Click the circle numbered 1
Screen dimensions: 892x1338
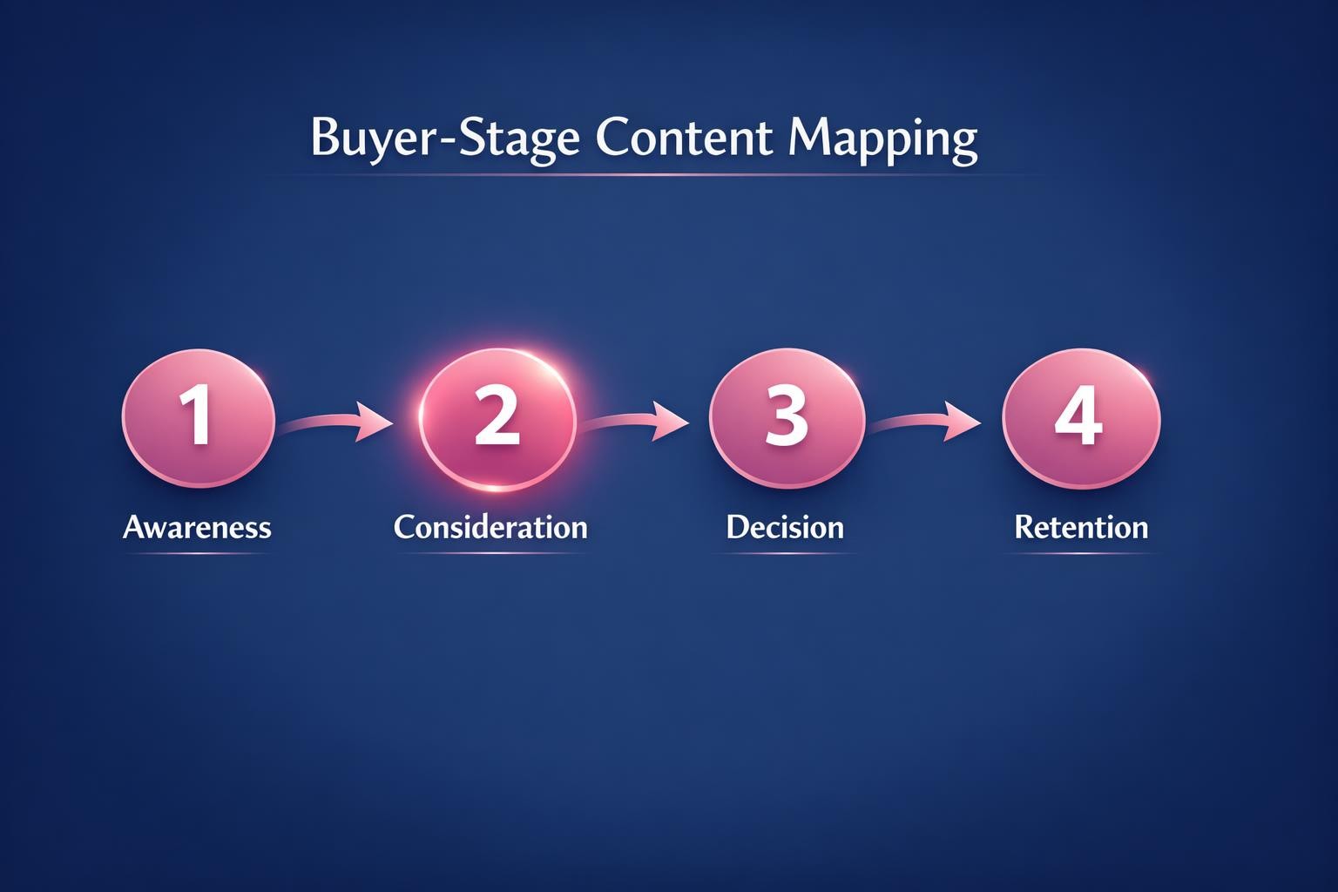[x=199, y=418]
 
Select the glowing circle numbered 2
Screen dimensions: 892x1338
[x=497, y=418]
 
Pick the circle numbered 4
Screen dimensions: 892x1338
[x=1081, y=418]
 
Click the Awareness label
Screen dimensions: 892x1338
[x=197, y=527]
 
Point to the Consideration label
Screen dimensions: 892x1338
[x=490, y=527]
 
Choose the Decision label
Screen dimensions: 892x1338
[x=785, y=527]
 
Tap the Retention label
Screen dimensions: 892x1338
[x=1081, y=527]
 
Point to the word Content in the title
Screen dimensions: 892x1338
[x=684, y=138]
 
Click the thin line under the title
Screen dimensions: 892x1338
[x=653, y=175]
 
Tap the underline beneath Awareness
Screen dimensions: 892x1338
[x=197, y=554]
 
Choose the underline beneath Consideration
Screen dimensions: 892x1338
[x=490, y=554]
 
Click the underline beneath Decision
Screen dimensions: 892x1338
[x=785, y=554]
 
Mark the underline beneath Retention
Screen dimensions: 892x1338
[x=1081, y=554]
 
